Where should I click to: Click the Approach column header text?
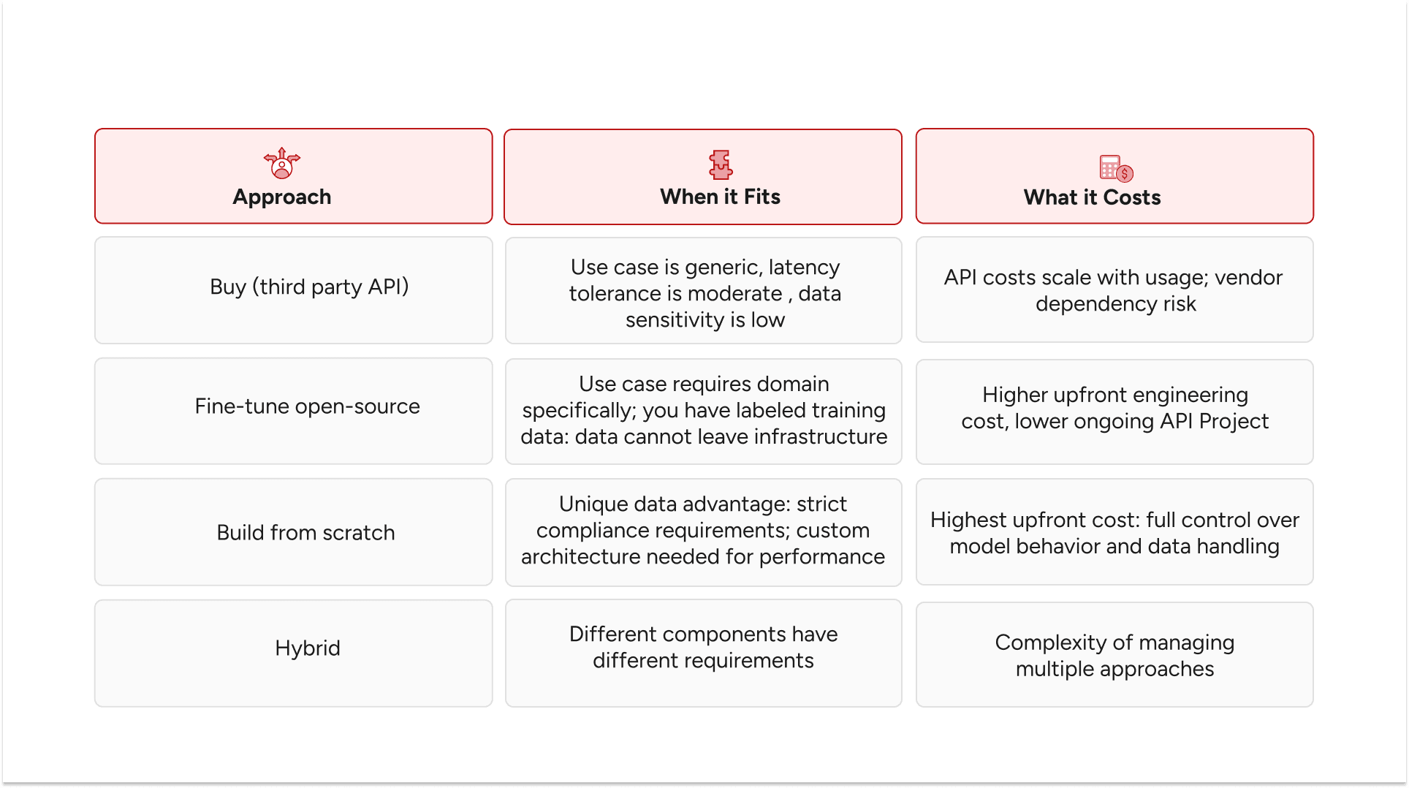(x=282, y=197)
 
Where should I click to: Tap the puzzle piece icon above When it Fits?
(x=721, y=164)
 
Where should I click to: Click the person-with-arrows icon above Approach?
(x=282, y=163)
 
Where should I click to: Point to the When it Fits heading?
(x=720, y=197)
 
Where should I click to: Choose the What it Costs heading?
(x=1092, y=197)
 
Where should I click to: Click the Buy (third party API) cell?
(x=309, y=287)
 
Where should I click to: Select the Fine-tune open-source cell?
(x=307, y=406)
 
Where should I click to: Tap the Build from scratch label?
(x=305, y=533)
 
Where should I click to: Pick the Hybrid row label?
(x=308, y=648)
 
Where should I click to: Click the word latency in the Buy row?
(x=804, y=268)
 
